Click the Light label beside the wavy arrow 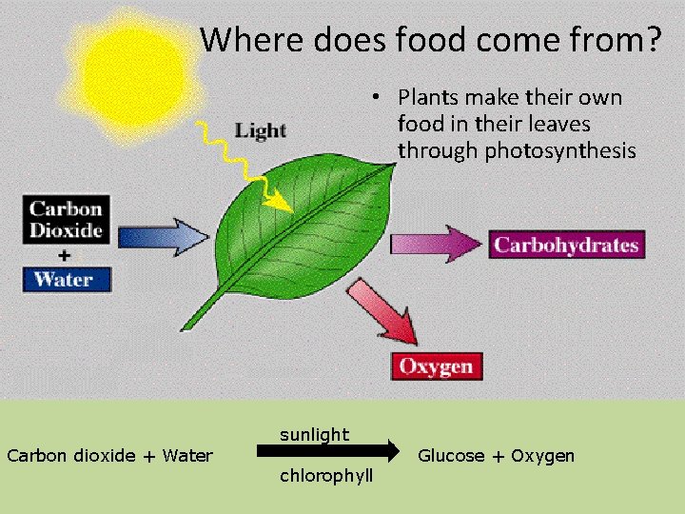pos(261,130)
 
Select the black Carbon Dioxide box pos(67,219)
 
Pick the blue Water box pos(67,280)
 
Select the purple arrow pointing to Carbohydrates pos(437,242)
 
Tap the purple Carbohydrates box pos(566,245)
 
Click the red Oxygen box pos(437,366)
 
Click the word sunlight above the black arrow pos(314,435)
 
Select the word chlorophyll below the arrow pos(326,475)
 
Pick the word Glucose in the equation pos(451,456)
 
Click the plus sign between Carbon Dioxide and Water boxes pos(64,255)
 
